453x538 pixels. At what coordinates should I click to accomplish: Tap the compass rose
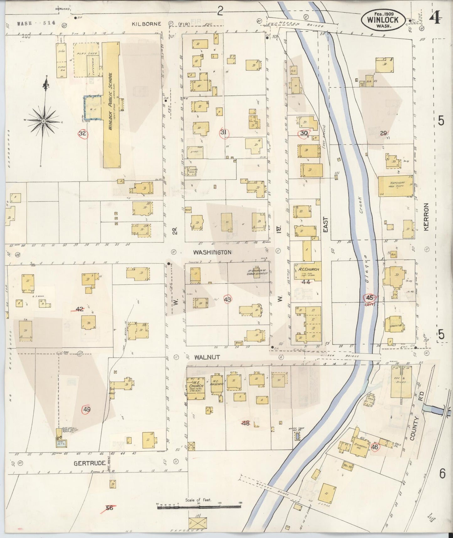[44, 121]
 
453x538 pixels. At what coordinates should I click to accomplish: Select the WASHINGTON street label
[212, 252]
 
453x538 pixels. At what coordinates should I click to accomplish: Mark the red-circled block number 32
[82, 133]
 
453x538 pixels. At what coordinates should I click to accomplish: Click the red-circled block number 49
[87, 409]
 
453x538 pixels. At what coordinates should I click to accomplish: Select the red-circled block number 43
[228, 299]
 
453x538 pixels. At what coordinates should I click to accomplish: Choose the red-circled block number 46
[375, 447]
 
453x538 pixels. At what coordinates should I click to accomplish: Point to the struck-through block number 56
[109, 508]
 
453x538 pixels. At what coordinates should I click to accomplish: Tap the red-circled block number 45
[369, 298]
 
